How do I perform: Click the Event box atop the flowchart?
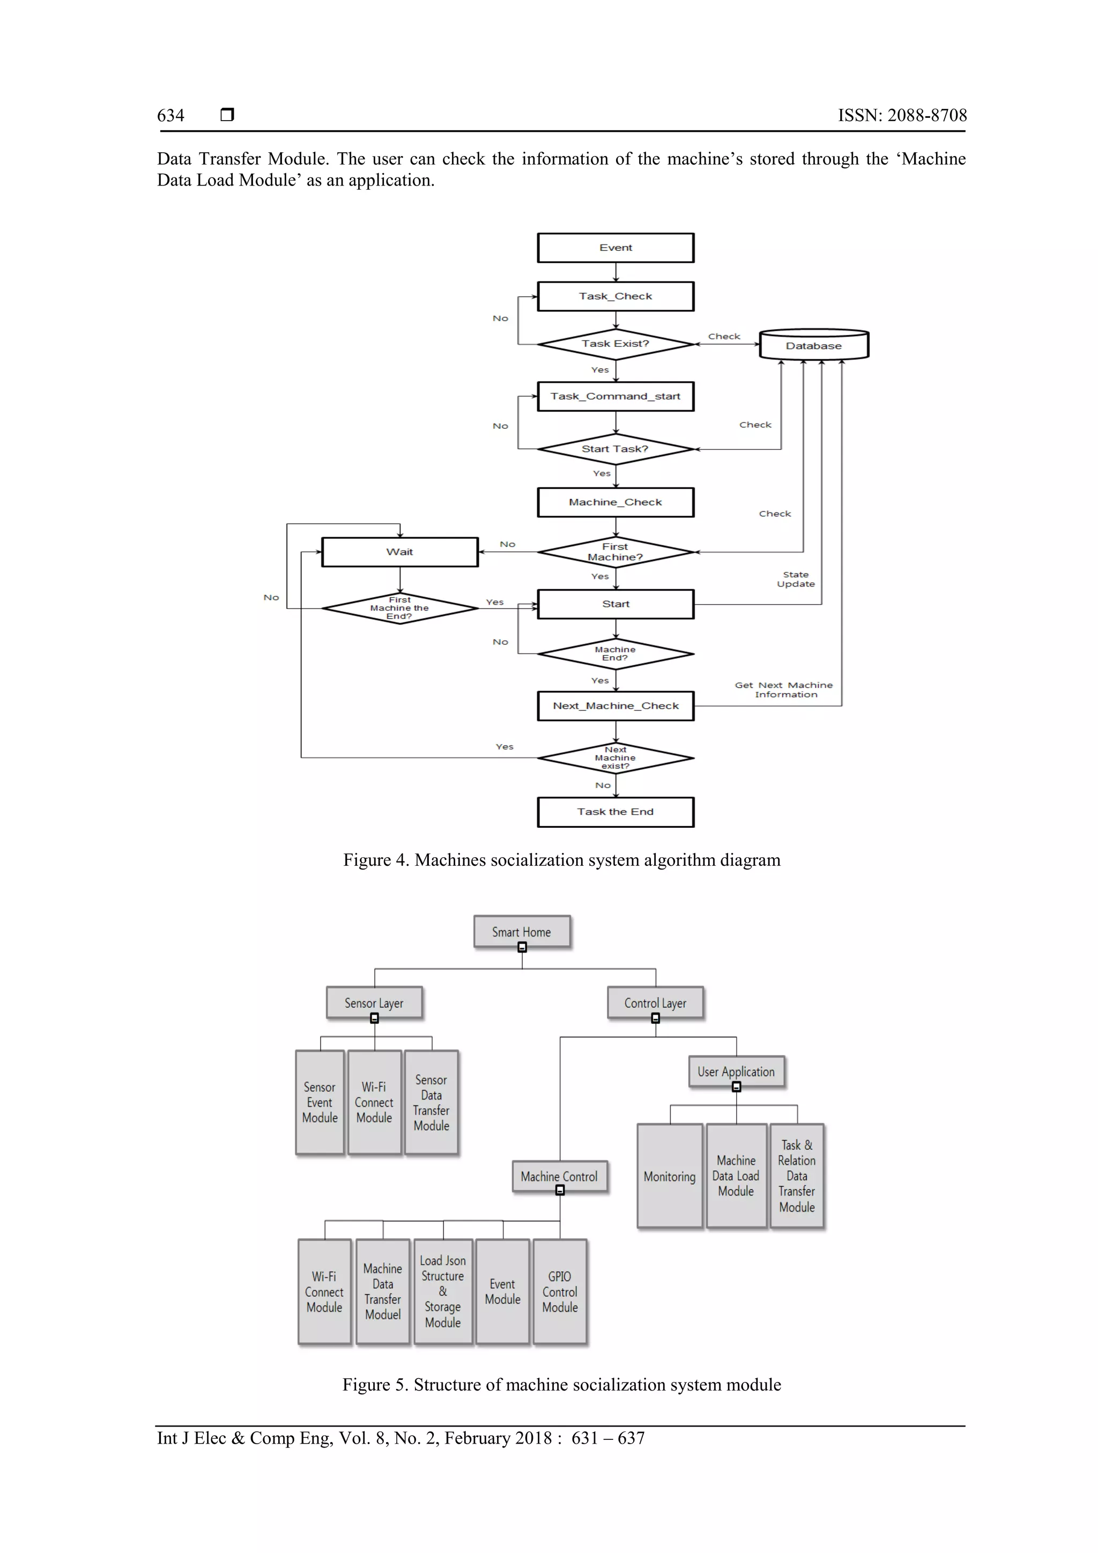point(615,248)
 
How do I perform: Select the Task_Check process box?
point(615,296)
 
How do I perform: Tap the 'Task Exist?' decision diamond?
point(615,344)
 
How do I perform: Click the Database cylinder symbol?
point(813,345)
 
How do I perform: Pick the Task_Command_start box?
point(615,396)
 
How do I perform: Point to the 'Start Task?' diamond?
point(615,449)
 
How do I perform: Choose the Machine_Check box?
point(615,502)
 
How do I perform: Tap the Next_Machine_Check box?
point(615,705)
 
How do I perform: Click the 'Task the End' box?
point(615,812)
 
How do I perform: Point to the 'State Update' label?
point(796,579)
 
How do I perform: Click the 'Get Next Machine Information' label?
point(783,690)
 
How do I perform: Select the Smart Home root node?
point(522,932)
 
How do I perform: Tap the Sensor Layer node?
point(374,1003)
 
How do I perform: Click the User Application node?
point(736,1072)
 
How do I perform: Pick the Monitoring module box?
point(670,1177)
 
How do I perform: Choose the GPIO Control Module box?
point(560,1292)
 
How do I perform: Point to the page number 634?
point(170,116)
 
